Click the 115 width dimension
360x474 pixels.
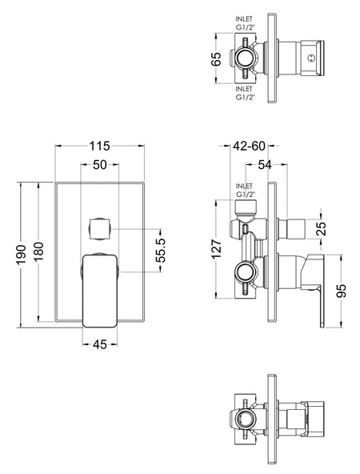coord(99,146)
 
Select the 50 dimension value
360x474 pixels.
coord(100,165)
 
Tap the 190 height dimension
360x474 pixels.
coord(22,255)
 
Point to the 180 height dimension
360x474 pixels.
coord(39,252)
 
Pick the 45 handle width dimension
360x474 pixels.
coord(100,344)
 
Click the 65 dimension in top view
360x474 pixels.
coord(216,58)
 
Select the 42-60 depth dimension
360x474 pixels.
coord(249,146)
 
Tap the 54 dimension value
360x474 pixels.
coord(265,165)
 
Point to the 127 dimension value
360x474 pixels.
coord(216,249)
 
